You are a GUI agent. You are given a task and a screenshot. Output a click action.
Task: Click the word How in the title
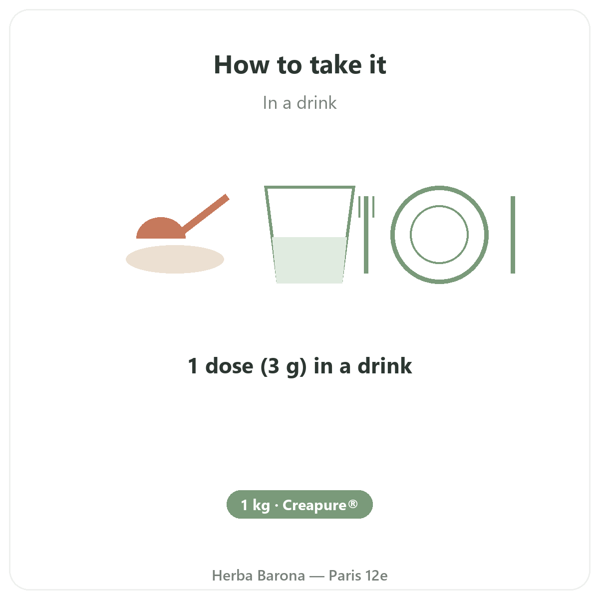(242, 65)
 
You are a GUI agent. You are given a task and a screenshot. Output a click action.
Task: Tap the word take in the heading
(336, 64)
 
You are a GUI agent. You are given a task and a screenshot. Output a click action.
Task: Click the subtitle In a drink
(299, 103)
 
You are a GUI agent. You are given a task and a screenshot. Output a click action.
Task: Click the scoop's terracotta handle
(206, 215)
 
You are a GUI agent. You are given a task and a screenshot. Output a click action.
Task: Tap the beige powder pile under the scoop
(175, 259)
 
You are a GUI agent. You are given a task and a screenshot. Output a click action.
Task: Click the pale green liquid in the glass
(309, 260)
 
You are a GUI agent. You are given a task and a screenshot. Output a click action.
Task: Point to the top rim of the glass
(309, 187)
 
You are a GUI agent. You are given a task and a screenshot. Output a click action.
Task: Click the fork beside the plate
(366, 235)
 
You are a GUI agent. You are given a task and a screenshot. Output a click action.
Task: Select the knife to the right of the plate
(513, 235)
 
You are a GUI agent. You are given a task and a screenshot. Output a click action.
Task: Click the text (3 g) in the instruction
(284, 366)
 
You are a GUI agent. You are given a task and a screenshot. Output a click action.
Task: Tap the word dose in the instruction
(229, 366)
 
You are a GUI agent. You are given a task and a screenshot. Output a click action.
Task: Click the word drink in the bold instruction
(385, 365)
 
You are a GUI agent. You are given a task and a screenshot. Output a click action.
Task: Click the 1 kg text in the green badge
(255, 505)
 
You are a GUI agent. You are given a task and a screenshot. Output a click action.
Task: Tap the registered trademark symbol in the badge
(353, 504)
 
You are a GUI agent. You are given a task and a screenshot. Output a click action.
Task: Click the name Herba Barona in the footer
(258, 576)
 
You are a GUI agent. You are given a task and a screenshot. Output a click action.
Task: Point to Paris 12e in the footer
(358, 576)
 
